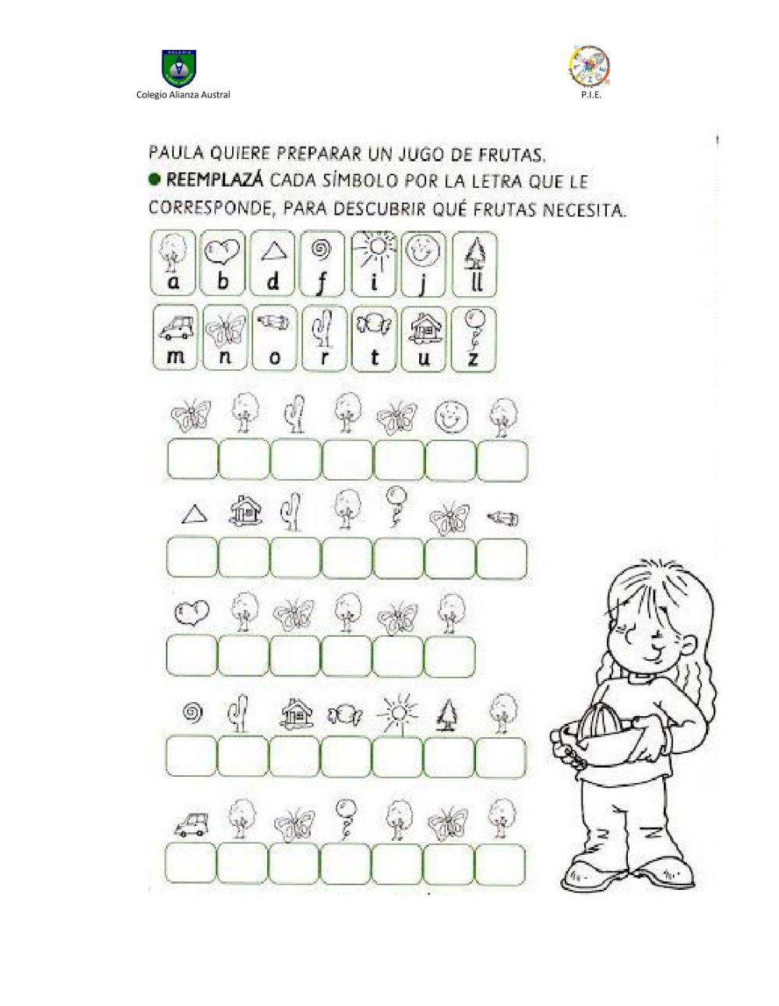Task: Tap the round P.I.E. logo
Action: point(590,67)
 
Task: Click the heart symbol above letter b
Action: point(223,251)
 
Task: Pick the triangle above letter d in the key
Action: point(273,250)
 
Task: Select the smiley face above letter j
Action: point(423,250)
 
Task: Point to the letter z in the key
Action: point(471,355)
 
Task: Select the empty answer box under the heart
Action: point(191,655)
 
